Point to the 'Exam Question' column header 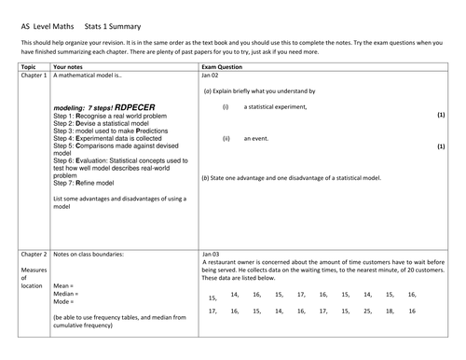tap(222, 68)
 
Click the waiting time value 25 tap(366, 311)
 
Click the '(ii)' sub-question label tap(226, 138)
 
